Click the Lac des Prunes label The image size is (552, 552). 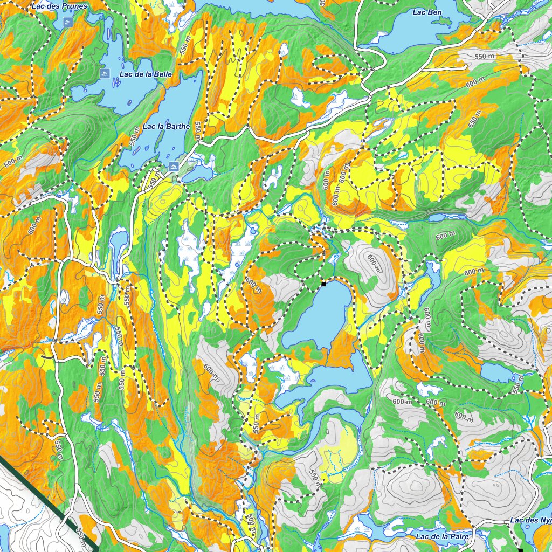click(x=59, y=6)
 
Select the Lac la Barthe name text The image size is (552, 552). click(x=166, y=126)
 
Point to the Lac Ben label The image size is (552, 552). click(x=423, y=12)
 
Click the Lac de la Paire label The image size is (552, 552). click(x=444, y=536)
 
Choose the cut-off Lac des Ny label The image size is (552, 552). click(x=530, y=521)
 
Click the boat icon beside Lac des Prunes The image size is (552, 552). click(x=67, y=22)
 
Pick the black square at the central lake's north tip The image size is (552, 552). click(x=324, y=283)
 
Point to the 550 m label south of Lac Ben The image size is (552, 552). click(x=484, y=57)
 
